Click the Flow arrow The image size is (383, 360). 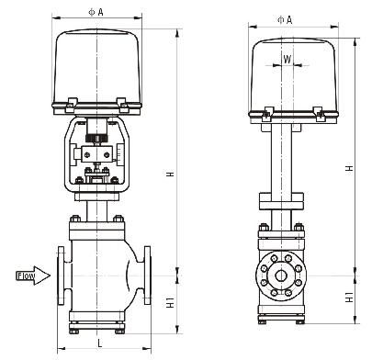(x=33, y=276)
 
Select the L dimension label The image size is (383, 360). (x=100, y=343)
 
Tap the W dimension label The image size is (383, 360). (x=287, y=59)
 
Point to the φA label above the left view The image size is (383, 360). (x=96, y=12)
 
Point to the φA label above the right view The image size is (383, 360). (x=285, y=20)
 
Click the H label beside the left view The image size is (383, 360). (x=170, y=174)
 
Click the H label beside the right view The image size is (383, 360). (x=349, y=168)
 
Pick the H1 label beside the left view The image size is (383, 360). (x=170, y=302)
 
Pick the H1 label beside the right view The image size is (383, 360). (x=349, y=298)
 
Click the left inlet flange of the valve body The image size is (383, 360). (x=61, y=276)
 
